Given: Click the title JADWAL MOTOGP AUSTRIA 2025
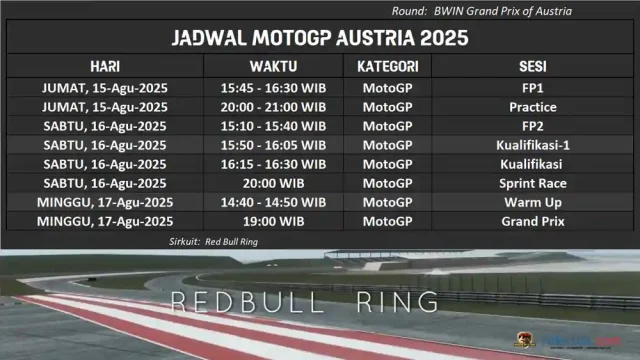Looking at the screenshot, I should click(x=320, y=39).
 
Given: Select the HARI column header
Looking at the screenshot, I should click(x=105, y=66).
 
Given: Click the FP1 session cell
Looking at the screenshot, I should click(x=532, y=88).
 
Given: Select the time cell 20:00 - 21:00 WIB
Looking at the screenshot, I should click(x=273, y=107).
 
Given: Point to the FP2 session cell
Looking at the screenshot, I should click(x=532, y=126).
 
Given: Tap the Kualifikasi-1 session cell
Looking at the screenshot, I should click(x=532, y=145).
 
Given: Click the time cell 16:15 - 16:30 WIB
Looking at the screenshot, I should click(x=273, y=164).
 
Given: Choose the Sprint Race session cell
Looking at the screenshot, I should click(x=532, y=183).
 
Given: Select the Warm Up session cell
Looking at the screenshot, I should click(x=532, y=202).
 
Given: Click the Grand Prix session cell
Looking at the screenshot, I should click(x=532, y=221).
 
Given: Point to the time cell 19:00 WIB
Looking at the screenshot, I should click(x=273, y=221).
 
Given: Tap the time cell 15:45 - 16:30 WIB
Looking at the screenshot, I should click(x=273, y=88).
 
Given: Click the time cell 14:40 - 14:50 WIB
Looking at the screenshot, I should click(x=273, y=202).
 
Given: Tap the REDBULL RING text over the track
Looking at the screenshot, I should click(x=304, y=301).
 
